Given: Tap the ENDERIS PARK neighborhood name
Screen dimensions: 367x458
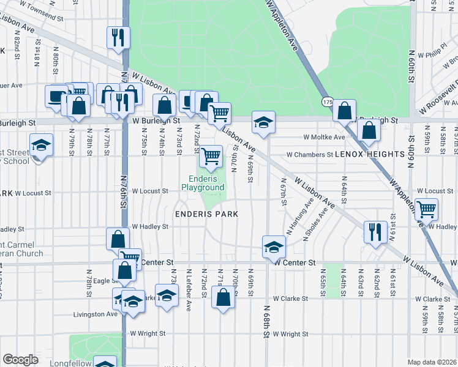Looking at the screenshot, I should (x=206, y=214).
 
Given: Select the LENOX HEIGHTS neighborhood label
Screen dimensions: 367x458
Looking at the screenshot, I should (x=366, y=155).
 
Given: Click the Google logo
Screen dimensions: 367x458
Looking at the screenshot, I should (x=21, y=360).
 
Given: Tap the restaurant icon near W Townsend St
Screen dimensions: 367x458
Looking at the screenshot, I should (x=116, y=37).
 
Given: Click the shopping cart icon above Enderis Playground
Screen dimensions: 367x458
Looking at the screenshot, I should (x=211, y=157).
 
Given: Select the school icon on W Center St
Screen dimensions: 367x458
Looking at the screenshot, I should (x=274, y=247).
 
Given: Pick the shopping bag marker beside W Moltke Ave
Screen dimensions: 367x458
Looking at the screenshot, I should (x=369, y=130).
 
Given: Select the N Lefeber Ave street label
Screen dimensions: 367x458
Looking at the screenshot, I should (x=189, y=286).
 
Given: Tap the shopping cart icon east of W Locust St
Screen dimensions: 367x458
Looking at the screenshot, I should (x=426, y=209).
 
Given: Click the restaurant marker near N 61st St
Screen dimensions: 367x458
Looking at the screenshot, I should (x=375, y=232).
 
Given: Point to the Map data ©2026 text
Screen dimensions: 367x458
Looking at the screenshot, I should (x=432, y=362).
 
